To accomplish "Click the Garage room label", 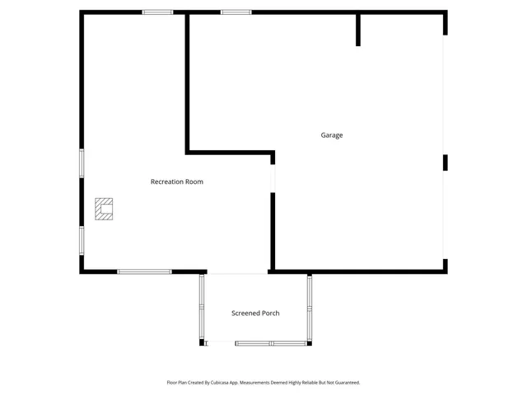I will (332, 135).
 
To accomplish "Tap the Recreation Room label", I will (176, 181).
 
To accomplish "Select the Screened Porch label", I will (255, 313).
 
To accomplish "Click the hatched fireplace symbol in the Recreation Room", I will (104, 209).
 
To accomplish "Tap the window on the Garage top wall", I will (236, 12).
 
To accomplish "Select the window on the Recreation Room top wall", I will (157, 12).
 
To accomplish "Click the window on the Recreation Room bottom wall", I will (144, 271).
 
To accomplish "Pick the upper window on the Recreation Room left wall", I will (81, 163).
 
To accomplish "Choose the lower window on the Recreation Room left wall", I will (81, 240).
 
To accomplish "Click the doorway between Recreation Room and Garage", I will (273, 178).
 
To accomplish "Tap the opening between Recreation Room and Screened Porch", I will (237, 272).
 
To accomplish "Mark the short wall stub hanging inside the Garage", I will (358, 30).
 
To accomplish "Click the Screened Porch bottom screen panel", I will (271, 343).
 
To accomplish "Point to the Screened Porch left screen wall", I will (201, 307).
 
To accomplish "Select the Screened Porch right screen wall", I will (310, 307).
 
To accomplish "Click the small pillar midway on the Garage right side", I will (445, 163).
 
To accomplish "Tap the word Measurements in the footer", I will (263, 383).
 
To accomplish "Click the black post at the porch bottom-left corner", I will (202, 342).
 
